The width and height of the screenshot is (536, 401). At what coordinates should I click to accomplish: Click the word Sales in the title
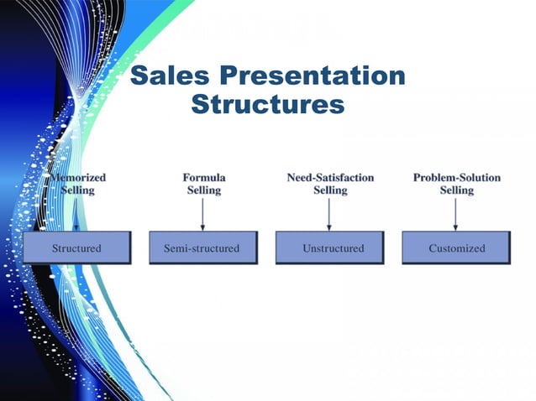(x=170, y=77)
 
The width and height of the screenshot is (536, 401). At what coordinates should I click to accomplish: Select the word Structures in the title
(x=267, y=106)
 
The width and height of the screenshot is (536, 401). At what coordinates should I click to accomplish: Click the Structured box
(x=76, y=248)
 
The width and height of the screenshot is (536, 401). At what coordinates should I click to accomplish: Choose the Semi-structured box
(x=202, y=248)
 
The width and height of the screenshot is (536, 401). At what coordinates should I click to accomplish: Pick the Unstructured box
(x=329, y=248)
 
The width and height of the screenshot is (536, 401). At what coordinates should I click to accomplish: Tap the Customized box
(x=456, y=248)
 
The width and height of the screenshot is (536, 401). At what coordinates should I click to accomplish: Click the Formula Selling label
(x=203, y=184)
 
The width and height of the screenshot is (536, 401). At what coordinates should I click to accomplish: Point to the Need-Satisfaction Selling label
(x=330, y=184)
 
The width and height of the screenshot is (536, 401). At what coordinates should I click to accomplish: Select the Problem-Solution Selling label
(x=456, y=184)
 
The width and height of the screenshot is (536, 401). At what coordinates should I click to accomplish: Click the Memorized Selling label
(x=78, y=184)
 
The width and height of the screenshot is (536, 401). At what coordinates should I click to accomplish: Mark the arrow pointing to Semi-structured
(x=203, y=214)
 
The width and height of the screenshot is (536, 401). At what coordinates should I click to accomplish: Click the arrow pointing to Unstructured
(x=329, y=214)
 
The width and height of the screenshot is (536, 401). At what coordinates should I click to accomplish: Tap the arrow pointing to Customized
(x=456, y=214)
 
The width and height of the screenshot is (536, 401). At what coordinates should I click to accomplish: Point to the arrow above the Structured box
(x=76, y=215)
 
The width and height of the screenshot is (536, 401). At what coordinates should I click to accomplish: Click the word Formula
(x=203, y=178)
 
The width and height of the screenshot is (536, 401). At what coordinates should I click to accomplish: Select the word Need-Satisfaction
(x=330, y=178)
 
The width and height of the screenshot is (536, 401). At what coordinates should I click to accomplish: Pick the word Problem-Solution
(x=456, y=178)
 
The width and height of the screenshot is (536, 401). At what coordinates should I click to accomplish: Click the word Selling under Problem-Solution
(x=456, y=190)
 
